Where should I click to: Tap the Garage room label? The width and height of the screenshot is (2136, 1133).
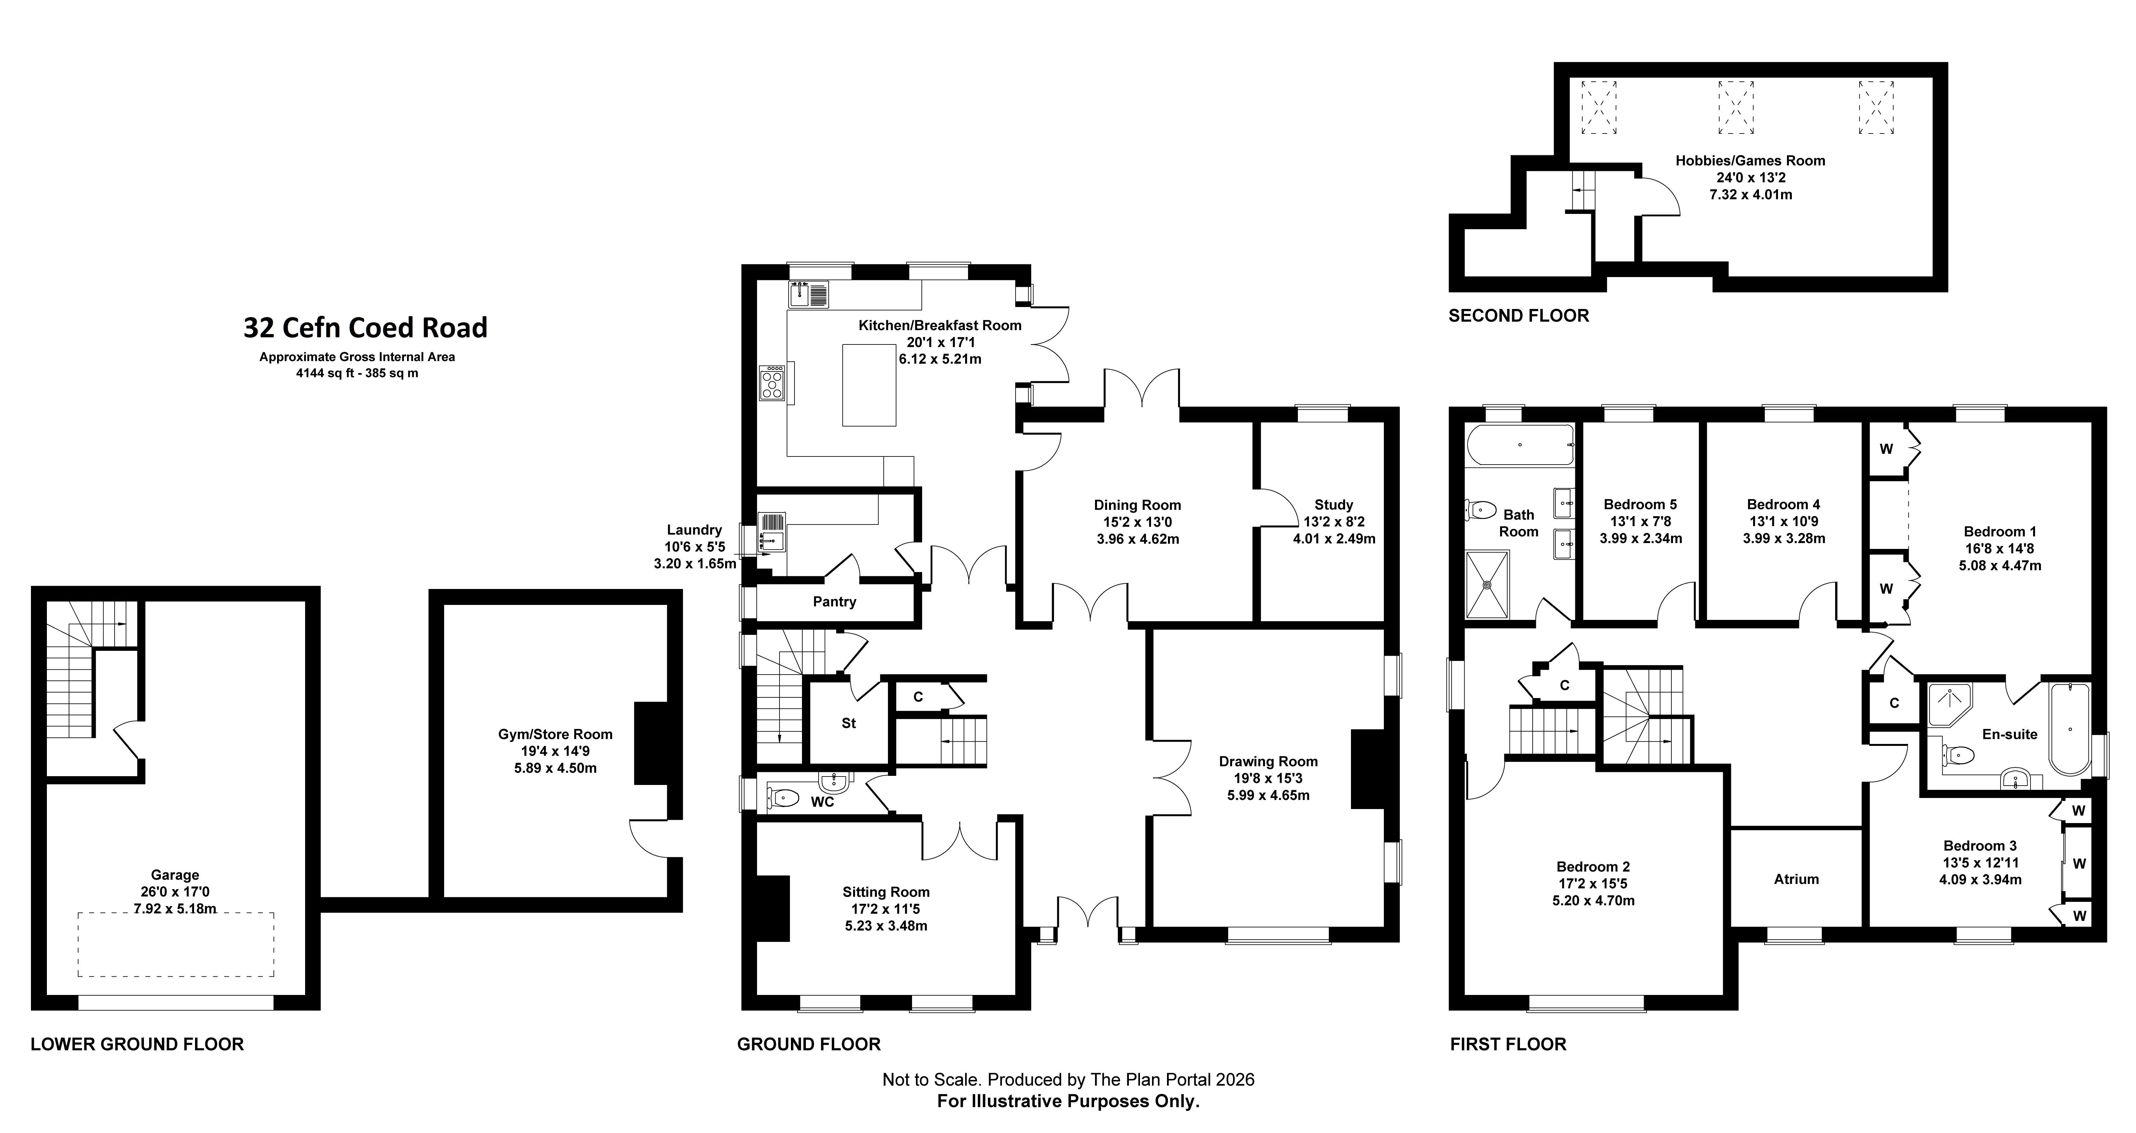(x=175, y=874)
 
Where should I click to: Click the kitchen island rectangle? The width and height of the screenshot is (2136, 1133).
(x=869, y=385)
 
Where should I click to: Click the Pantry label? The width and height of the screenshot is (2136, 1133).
(x=834, y=602)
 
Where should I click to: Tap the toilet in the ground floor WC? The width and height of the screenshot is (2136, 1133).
(x=783, y=798)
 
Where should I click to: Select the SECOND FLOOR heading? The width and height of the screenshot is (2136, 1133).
(x=1518, y=316)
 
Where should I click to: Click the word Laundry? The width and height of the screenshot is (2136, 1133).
(x=694, y=530)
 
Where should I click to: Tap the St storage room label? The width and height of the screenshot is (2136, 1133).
(x=848, y=723)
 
